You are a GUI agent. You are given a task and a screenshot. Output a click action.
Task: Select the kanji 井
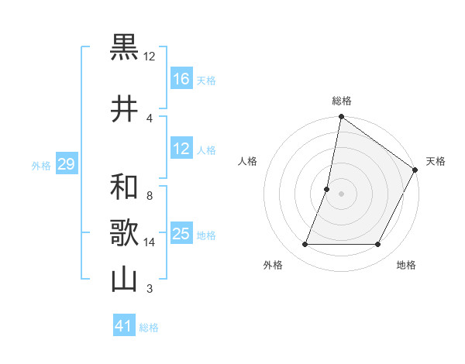pyautogui.click(x=125, y=109)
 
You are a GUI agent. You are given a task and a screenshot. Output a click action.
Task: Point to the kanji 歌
pyautogui.click(x=125, y=232)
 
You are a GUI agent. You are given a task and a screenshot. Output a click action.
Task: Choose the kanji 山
pyautogui.click(x=125, y=278)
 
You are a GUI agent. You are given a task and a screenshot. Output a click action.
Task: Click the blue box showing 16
pyautogui.click(x=181, y=79)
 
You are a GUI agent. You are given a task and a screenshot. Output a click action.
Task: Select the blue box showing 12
pyautogui.click(x=181, y=149)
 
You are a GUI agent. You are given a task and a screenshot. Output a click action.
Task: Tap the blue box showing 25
pyautogui.click(x=181, y=234)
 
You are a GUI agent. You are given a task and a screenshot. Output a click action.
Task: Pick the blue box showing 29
pyautogui.click(x=66, y=164)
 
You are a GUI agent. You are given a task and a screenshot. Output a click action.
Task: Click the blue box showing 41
pyautogui.click(x=124, y=326)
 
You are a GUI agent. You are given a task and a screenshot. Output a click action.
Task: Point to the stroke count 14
pyautogui.click(x=150, y=242)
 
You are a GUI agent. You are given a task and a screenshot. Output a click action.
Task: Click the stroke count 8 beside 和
pyautogui.click(x=149, y=196)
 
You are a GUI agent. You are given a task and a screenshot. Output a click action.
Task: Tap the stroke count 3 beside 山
pyautogui.click(x=149, y=289)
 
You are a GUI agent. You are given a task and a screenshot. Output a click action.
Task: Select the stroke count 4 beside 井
pyautogui.click(x=149, y=118)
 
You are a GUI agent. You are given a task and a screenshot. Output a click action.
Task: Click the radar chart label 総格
pyautogui.click(x=342, y=101)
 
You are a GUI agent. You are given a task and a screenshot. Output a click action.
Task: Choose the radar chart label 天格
pyautogui.click(x=436, y=161)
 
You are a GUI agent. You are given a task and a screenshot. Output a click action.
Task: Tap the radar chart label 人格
pyautogui.click(x=247, y=161)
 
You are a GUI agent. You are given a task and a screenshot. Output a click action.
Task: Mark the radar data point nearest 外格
pyautogui.click(x=305, y=245)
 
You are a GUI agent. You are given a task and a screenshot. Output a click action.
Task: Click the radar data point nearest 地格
pyautogui.click(x=378, y=245)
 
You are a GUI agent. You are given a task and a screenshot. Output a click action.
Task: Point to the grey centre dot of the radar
pyautogui.click(x=341, y=194)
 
